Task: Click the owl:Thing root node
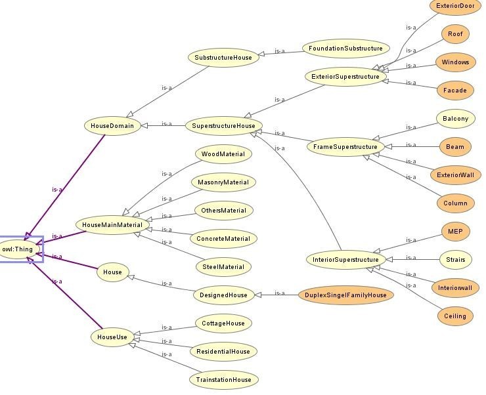point(19,249)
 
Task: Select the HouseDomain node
point(112,126)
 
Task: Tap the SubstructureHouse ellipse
point(223,58)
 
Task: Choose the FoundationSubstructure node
point(345,49)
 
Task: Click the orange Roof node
point(455,33)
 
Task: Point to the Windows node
point(455,62)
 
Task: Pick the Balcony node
point(455,119)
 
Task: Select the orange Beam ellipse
point(455,147)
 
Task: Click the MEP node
point(455,231)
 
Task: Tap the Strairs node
point(456,259)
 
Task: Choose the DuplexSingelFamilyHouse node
point(346,295)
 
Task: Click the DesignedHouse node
point(223,295)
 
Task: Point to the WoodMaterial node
point(223,154)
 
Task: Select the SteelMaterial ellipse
point(223,267)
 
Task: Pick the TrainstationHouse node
point(223,379)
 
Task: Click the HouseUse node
point(112,337)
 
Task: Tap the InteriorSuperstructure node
point(345,259)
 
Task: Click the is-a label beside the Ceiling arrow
point(411,285)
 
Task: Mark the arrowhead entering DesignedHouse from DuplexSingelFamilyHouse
point(258,295)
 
